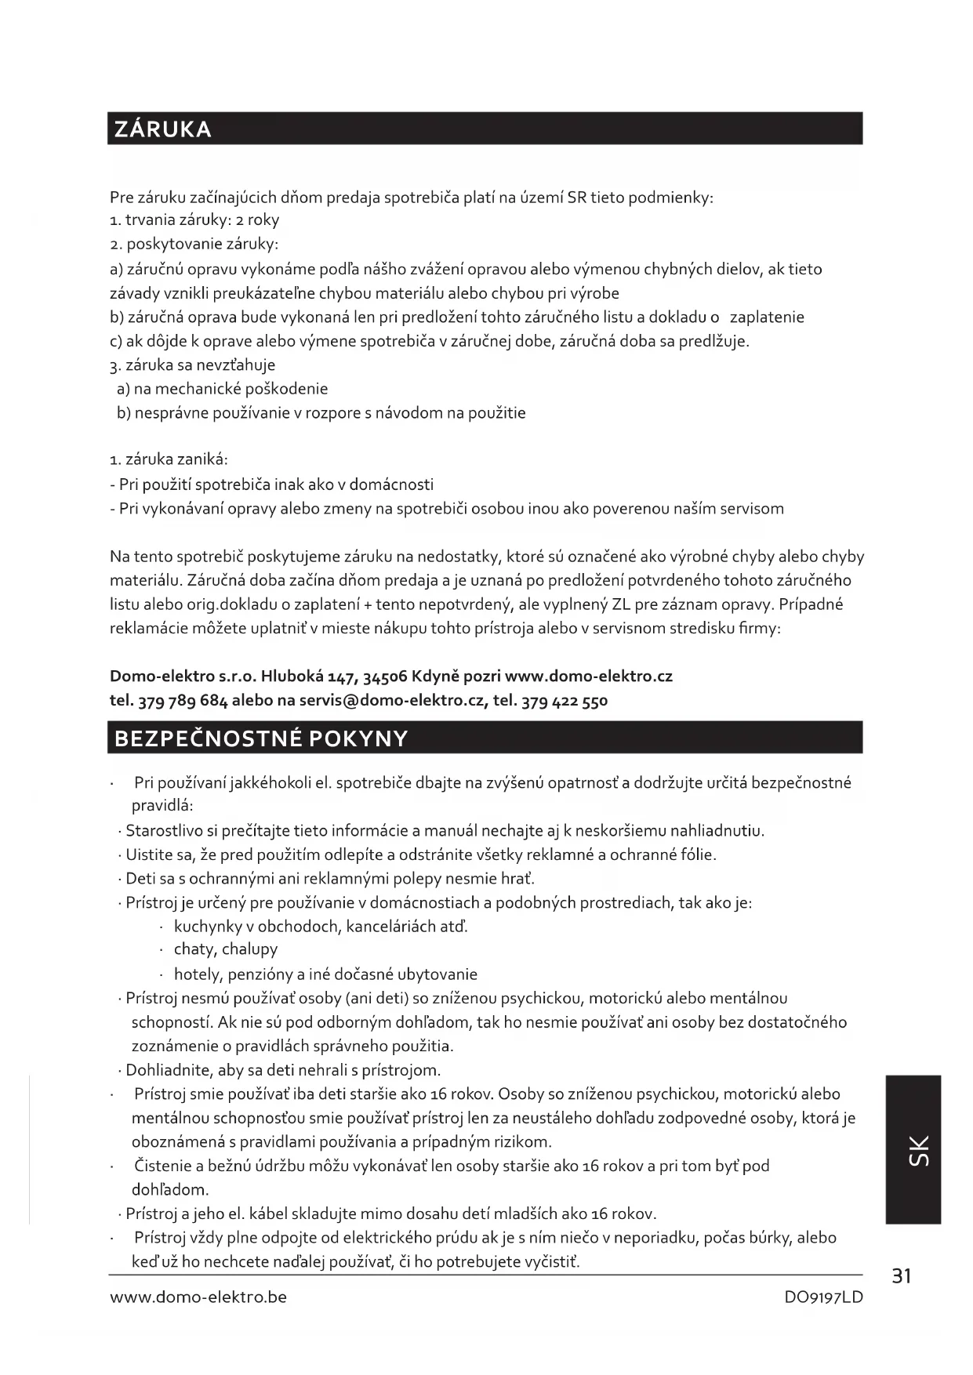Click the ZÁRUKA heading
(x=163, y=129)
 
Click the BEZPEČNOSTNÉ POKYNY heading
(x=261, y=738)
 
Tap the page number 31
(x=902, y=1276)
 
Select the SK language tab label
(x=918, y=1150)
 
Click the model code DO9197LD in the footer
(x=823, y=1297)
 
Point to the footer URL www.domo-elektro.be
(x=198, y=1297)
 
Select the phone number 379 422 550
(x=564, y=700)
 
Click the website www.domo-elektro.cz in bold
(x=588, y=676)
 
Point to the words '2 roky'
(x=258, y=220)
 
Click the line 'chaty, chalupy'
(x=226, y=949)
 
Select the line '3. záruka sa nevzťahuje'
(x=193, y=365)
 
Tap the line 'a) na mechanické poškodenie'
(x=222, y=389)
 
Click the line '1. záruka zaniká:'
(x=169, y=460)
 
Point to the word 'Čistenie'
(x=162, y=1166)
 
